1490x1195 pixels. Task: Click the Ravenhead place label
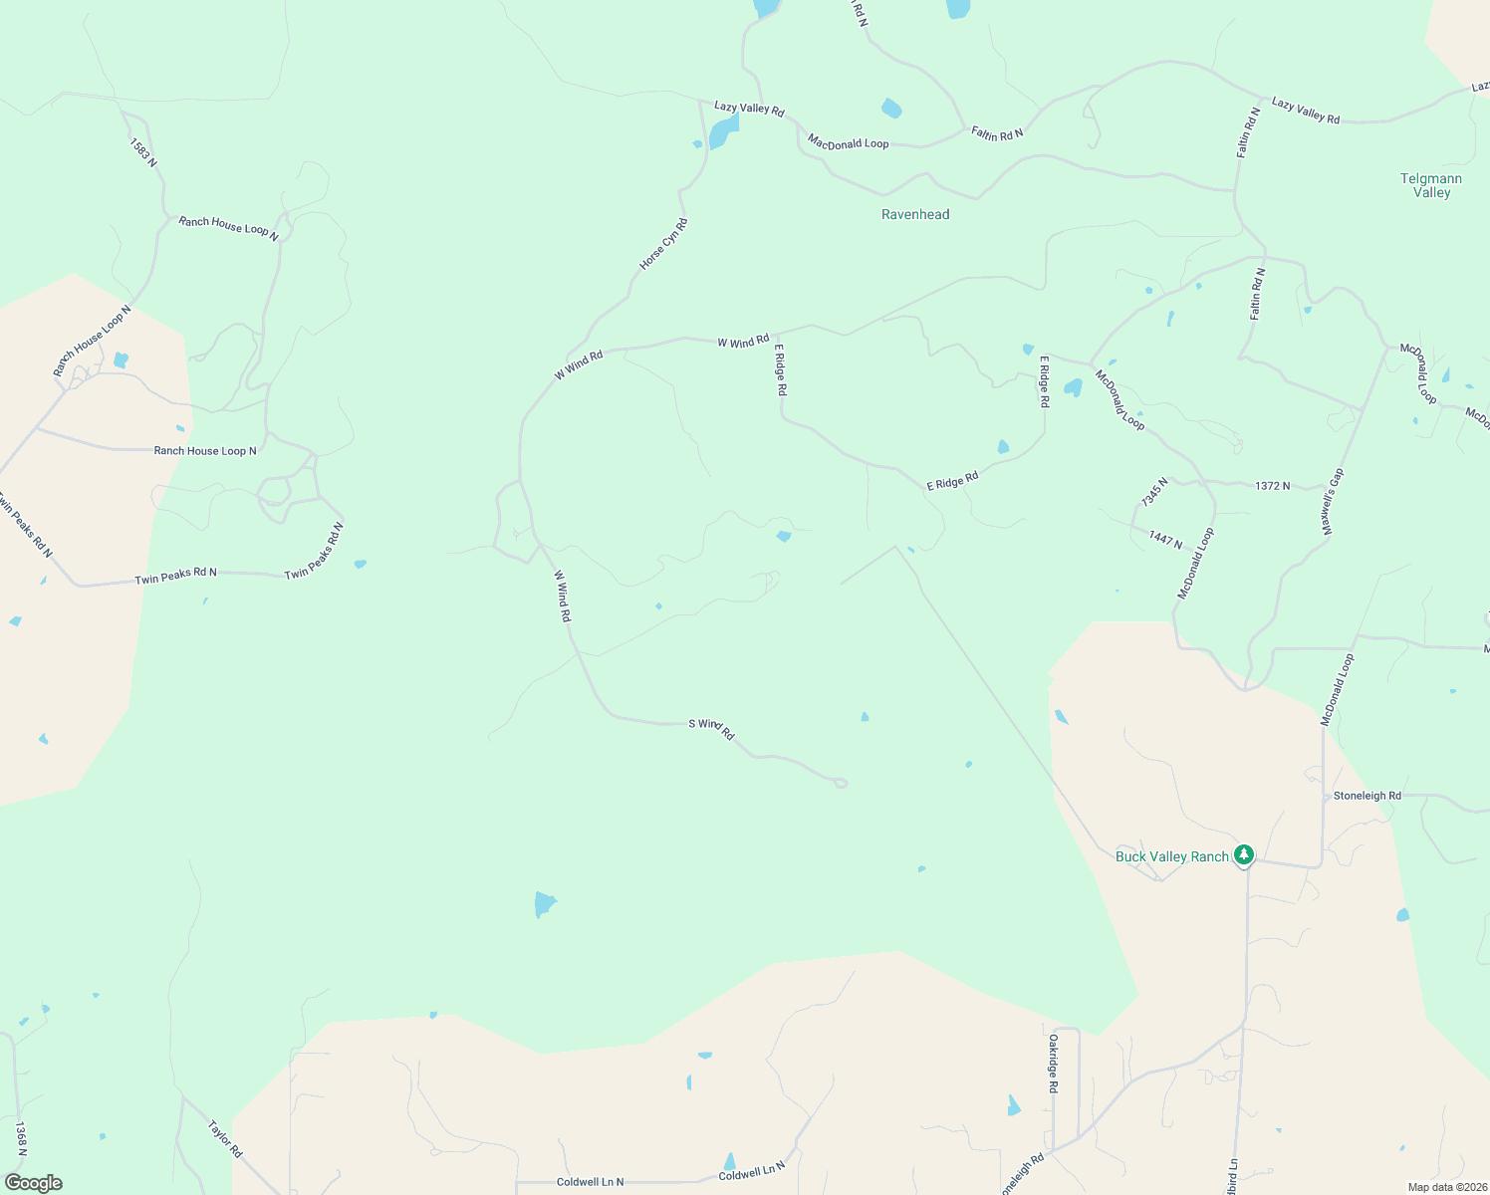[x=915, y=214]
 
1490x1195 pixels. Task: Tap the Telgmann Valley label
[x=1431, y=185]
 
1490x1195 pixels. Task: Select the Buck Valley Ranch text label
[x=1171, y=856]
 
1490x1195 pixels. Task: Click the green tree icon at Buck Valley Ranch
[x=1243, y=854]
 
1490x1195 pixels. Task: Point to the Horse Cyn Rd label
[x=663, y=244]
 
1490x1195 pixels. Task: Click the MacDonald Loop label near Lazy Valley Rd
[x=848, y=142]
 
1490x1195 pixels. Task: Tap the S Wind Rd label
[x=711, y=728]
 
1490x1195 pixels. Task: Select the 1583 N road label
[x=143, y=151]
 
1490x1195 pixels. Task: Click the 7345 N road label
[x=1154, y=491]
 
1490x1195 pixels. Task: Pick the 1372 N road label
[x=1272, y=486]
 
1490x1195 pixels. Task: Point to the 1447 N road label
[x=1165, y=539]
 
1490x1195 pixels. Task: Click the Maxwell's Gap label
[x=1333, y=503]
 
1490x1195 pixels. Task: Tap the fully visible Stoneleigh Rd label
[x=1366, y=796]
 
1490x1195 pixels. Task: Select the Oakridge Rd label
[x=1052, y=1064]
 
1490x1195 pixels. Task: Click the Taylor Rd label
[x=225, y=1139]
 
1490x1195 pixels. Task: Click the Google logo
[x=33, y=1183]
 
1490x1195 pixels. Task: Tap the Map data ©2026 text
[x=1446, y=1187]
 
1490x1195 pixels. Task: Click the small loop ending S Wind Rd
[x=841, y=784]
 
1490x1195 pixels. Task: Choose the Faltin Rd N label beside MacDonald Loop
[x=997, y=133]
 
